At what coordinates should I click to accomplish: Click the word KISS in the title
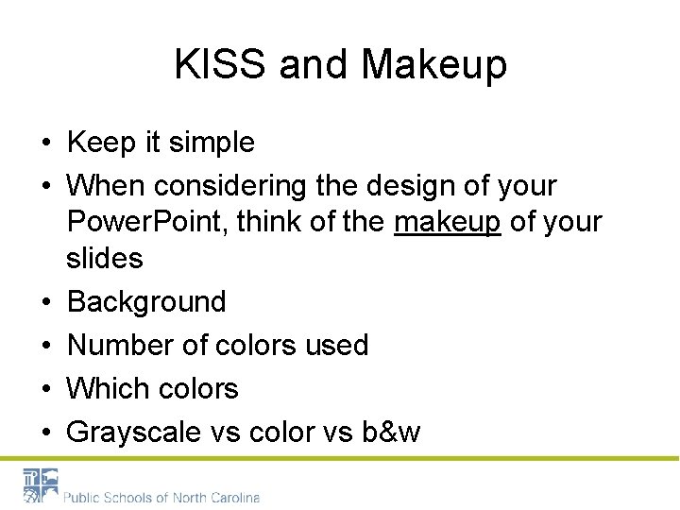(x=220, y=65)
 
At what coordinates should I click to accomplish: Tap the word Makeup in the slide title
(x=433, y=65)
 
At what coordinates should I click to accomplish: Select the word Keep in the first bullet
(x=102, y=143)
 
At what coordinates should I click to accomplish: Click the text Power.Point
(x=147, y=221)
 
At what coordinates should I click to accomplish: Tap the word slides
(x=105, y=257)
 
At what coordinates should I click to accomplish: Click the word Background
(x=146, y=301)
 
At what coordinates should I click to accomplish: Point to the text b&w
(x=391, y=432)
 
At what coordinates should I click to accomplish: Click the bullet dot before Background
(x=45, y=302)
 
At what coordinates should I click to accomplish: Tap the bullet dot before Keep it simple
(x=45, y=144)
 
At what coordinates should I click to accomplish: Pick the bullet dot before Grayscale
(x=45, y=433)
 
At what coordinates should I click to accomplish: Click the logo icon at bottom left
(x=41, y=486)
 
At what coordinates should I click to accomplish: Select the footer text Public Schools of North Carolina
(x=161, y=497)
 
